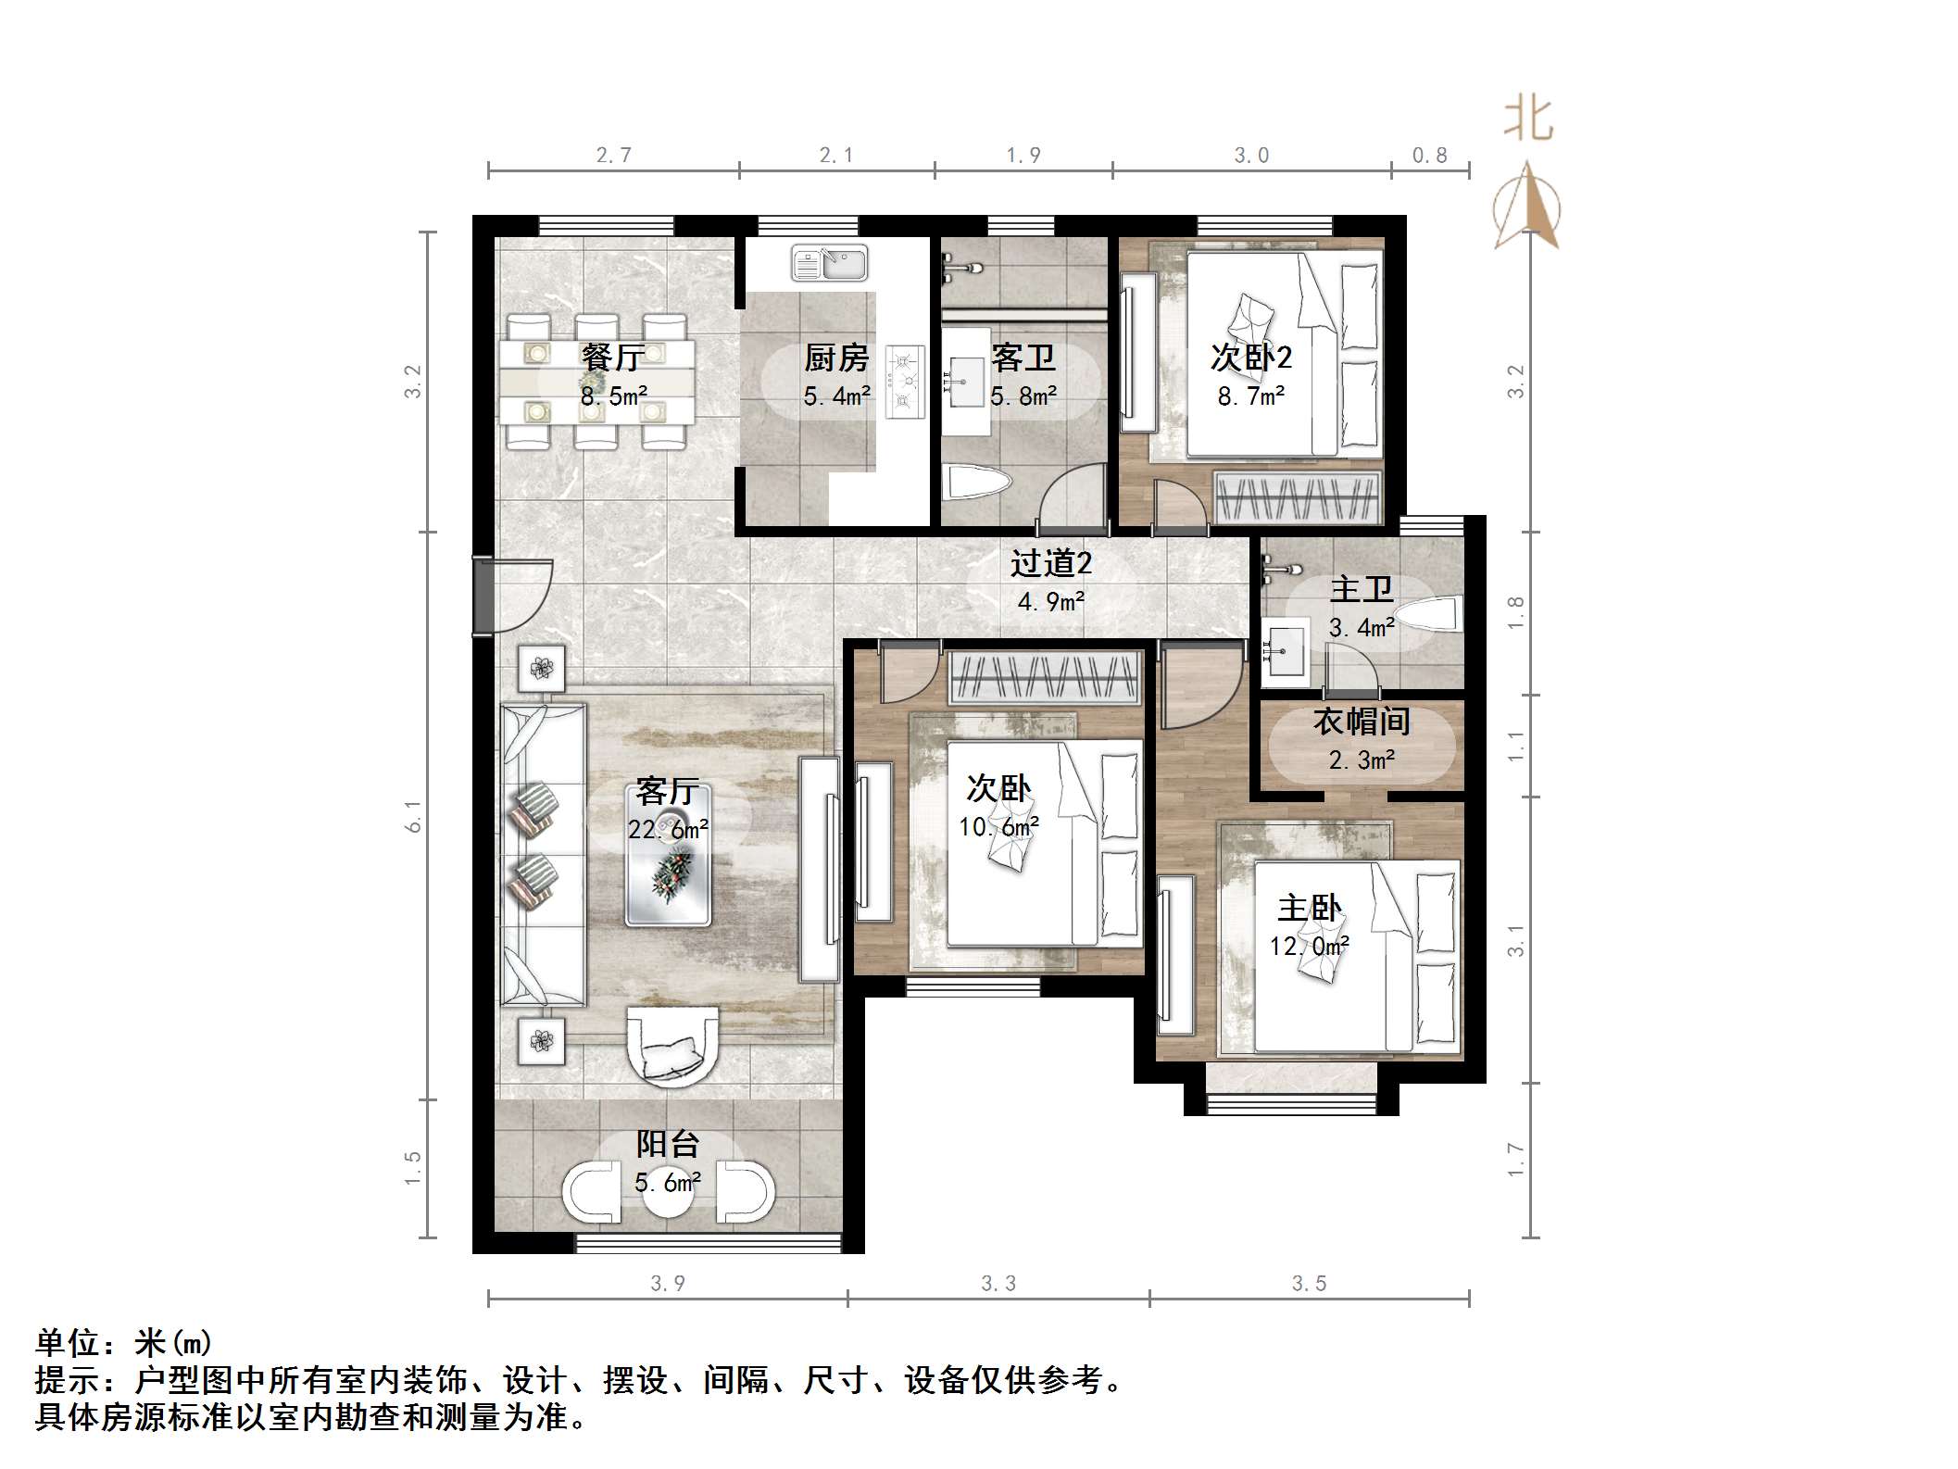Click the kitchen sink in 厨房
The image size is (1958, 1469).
[x=829, y=263]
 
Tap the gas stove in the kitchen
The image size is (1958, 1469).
[x=905, y=380]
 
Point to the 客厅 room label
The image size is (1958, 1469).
[x=667, y=792]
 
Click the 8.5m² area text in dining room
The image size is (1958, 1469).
[x=613, y=396]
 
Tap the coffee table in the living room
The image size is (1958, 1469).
[x=669, y=856]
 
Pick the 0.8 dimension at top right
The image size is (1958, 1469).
[x=1429, y=156]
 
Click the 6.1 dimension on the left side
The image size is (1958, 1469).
[x=413, y=817]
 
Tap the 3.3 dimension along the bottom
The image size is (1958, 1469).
[x=998, y=1283]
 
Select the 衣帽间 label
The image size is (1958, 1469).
[x=1362, y=722]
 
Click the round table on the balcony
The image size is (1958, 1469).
[x=668, y=1193]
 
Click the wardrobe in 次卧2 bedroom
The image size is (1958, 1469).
[x=1297, y=497]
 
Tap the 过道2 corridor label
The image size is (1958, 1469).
[x=1050, y=563]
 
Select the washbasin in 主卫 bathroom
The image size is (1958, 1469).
[x=1284, y=652]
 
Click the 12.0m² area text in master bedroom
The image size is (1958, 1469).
[x=1308, y=947]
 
